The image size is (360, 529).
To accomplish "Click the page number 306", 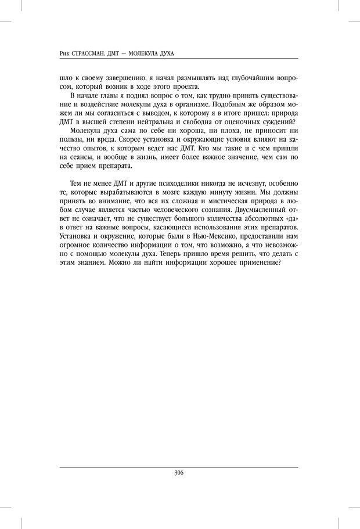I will (x=179, y=473).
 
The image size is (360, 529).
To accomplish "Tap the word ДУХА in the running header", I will (x=165, y=53).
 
